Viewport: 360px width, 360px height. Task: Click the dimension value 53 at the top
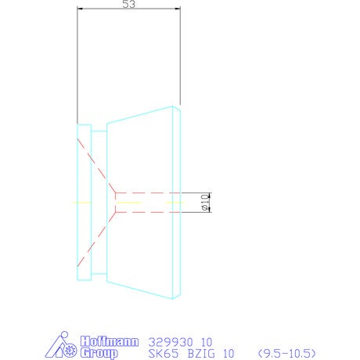[x=128, y=4]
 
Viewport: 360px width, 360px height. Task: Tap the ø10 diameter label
[x=206, y=202]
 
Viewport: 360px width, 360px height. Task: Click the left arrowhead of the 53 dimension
[x=80, y=9]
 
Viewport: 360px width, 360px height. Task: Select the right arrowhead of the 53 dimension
[x=178, y=9]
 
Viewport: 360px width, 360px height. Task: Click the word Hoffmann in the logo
[x=110, y=341]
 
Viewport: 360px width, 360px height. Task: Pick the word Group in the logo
[x=99, y=353]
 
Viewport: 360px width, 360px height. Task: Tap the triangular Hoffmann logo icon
[x=60, y=345]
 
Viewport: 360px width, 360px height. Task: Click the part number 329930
[x=171, y=342]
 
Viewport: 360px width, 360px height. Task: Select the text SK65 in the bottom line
[x=164, y=354]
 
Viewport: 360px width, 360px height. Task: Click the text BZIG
[x=201, y=354]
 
